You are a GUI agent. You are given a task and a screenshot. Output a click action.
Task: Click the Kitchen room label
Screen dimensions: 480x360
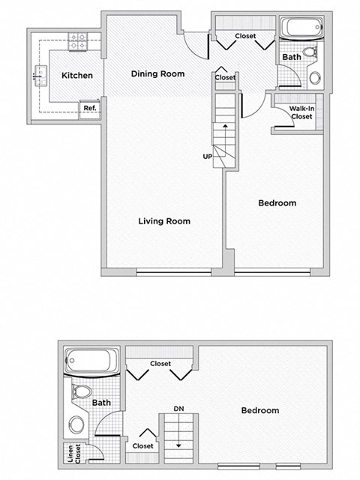point(76,75)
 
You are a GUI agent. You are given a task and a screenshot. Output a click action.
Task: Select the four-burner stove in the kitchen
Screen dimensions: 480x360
point(77,43)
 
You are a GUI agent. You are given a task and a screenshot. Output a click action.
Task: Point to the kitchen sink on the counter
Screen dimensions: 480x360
point(37,75)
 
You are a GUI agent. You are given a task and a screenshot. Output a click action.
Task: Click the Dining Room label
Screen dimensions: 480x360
point(157,73)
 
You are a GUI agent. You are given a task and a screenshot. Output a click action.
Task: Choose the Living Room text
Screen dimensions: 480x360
point(163,221)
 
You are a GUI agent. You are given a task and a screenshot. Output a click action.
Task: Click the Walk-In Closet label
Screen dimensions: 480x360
point(301,112)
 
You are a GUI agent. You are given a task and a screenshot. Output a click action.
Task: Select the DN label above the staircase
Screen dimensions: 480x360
point(178,408)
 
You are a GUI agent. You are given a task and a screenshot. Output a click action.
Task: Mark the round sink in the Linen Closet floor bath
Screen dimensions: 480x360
point(76,425)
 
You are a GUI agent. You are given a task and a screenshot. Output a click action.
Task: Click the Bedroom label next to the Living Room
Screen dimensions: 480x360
point(277,203)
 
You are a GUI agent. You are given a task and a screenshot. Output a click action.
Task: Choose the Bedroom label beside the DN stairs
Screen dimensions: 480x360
point(259,410)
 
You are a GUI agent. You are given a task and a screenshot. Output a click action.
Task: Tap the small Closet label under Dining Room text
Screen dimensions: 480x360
point(225,77)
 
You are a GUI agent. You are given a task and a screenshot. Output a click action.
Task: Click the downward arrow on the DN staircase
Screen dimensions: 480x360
point(178,443)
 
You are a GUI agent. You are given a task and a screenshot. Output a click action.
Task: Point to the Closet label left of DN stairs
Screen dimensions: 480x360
point(142,445)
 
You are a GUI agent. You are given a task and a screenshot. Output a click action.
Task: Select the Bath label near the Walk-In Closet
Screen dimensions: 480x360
point(292,57)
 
